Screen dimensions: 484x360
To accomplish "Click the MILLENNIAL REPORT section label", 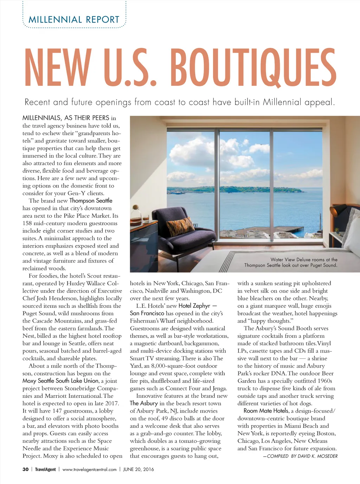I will (74, 20).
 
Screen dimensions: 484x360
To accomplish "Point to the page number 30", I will (26, 469).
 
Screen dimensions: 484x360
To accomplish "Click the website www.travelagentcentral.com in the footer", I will (89, 469).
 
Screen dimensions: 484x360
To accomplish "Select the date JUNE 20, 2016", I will (138, 469).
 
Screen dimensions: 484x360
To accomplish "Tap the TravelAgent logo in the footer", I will (45, 469).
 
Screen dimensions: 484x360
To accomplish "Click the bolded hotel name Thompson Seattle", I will (91, 200).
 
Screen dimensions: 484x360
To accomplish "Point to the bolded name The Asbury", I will (144, 403).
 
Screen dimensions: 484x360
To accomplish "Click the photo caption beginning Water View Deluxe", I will (291, 262).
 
